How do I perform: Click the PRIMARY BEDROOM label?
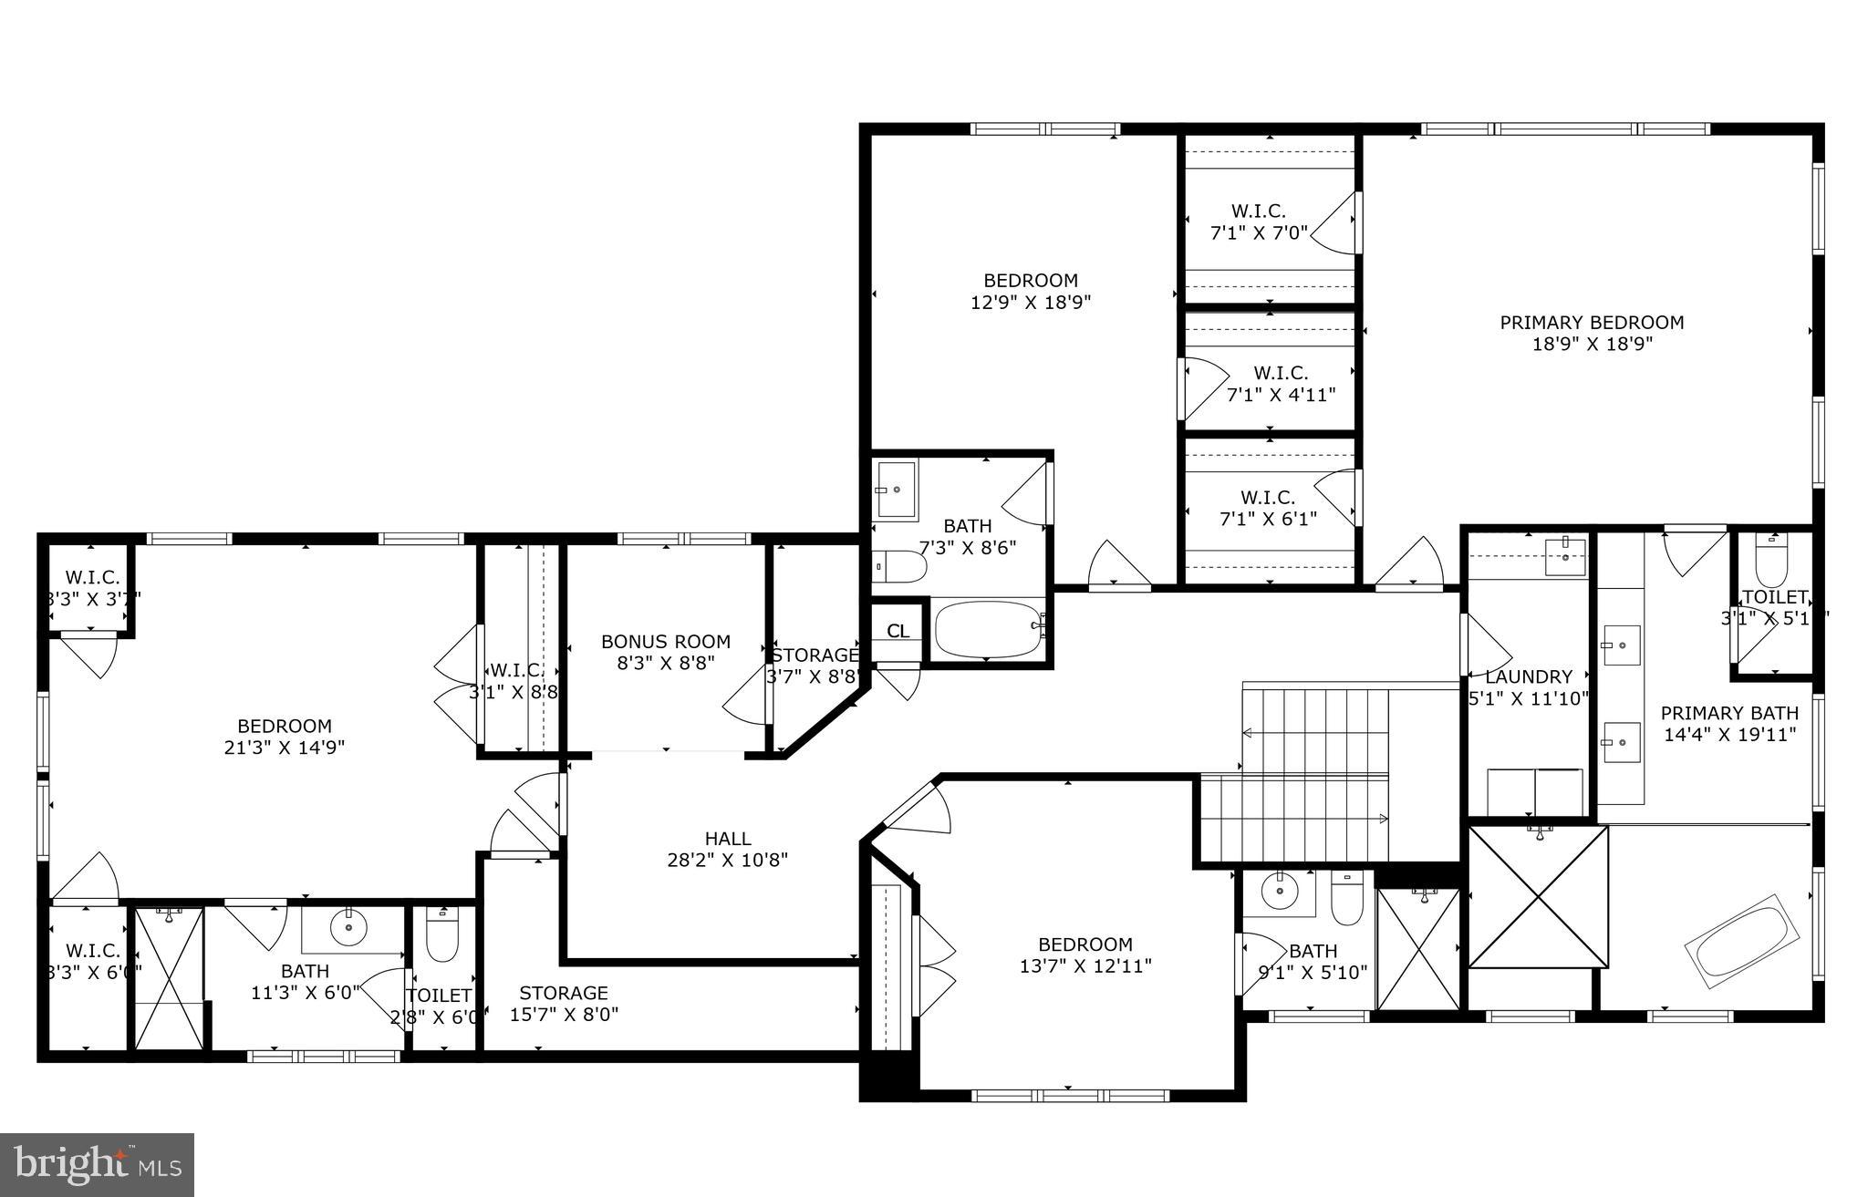1592,323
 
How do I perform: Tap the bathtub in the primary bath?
1747,949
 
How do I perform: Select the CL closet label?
898,631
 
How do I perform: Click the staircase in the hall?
1313,775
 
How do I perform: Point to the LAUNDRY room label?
1529,677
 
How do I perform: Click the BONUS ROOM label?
666,642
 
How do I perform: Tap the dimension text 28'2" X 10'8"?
727,860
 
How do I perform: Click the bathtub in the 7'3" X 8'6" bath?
988,628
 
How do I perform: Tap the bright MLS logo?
97,1164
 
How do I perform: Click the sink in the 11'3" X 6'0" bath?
348,928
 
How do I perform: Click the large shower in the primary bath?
1538,896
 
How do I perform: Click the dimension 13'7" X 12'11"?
1085,966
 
